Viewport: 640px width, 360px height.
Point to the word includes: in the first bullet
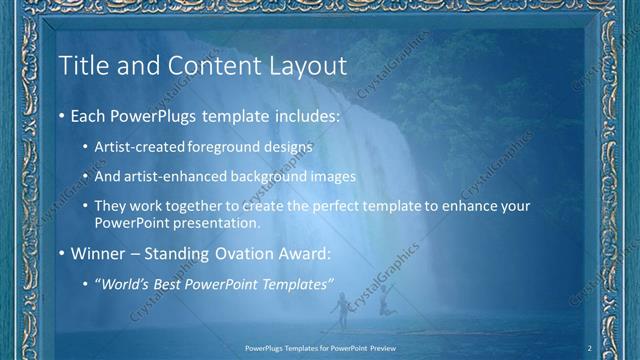[x=305, y=117]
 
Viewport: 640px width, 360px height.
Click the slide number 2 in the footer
[x=591, y=347]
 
